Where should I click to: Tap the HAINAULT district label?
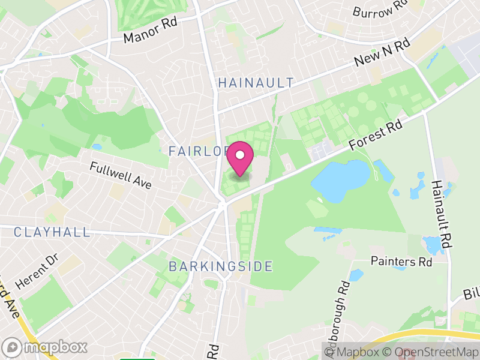[x=256, y=83]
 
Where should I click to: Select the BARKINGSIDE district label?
[x=221, y=266]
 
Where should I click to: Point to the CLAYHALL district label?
[x=52, y=232]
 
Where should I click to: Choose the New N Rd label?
[x=382, y=53]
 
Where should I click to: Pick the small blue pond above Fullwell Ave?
[x=97, y=146]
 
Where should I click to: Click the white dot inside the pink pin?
[x=240, y=155]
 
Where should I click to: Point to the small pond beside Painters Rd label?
[x=356, y=275]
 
